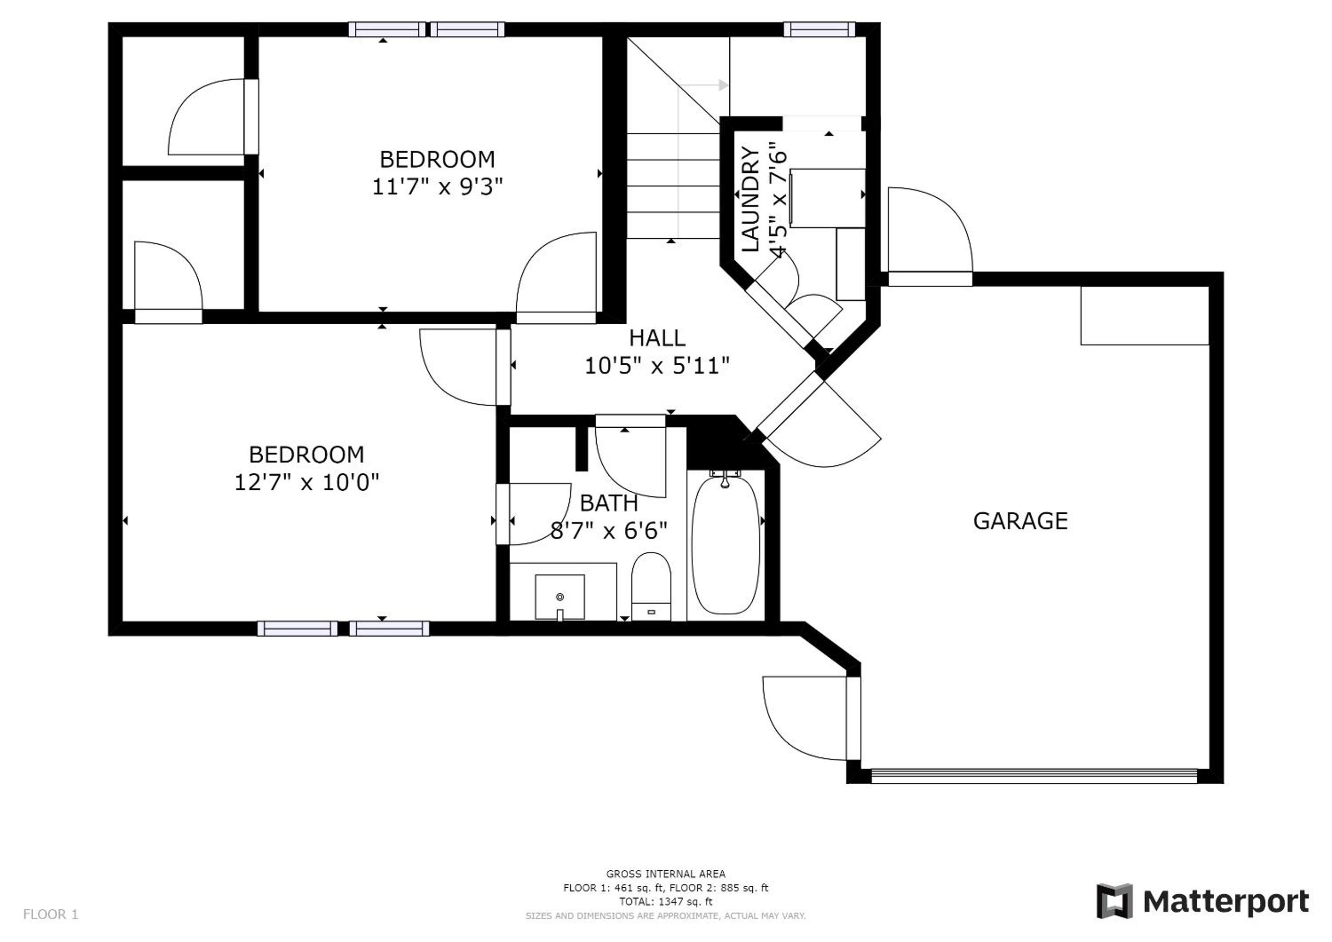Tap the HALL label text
click(657, 338)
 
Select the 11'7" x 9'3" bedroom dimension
click(438, 187)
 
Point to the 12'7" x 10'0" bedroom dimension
click(306, 482)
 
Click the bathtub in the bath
click(726, 545)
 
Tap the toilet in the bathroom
click(651, 586)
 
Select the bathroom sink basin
click(560, 597)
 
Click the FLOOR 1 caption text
click(51, 915)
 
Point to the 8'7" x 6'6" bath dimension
click(609, 531)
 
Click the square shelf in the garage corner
click(1145, 316)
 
